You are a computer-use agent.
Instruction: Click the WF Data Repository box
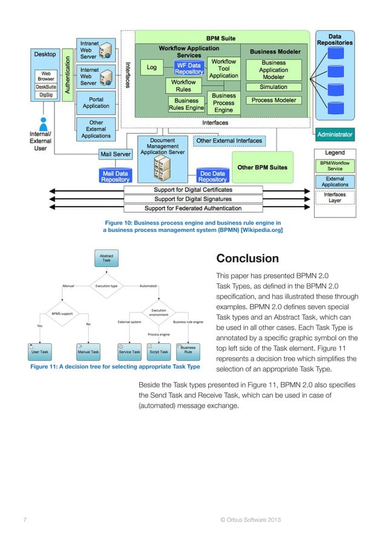point(189,68)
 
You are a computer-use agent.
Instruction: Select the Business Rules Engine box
point(186,105)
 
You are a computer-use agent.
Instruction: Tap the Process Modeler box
point(273,100)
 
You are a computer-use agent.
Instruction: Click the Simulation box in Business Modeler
point(273,87)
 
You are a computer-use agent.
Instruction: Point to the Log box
point(152,68)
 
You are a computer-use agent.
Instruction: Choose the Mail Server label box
point(115,155)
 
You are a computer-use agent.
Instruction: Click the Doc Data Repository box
point(212,176)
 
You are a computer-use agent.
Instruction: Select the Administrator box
point(335,134)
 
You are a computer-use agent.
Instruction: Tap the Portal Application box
point(96,103)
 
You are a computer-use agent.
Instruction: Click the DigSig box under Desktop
point(45,95)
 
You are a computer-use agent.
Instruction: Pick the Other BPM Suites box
point(262,167)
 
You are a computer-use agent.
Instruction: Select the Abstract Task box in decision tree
point(106,258)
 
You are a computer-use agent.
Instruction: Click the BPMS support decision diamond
point(62,314)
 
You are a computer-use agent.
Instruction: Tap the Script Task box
point(159,351)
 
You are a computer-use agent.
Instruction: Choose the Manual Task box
point(88,351)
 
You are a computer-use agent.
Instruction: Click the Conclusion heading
point(247,259)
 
